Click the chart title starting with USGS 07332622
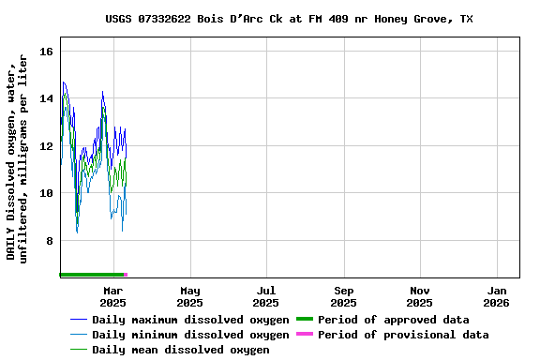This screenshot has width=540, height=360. point(289,19)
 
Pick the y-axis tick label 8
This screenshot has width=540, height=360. point(50,241)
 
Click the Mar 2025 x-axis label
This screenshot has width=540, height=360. point(112,296)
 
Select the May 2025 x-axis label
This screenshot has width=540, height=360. point(189,296)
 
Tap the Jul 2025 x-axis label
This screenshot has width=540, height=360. point(266,296)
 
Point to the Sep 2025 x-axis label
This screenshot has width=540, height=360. point(343,296)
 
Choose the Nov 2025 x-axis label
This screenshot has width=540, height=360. point(420,296)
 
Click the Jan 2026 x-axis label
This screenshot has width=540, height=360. point(497,296)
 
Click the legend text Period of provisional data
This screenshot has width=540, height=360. point(403,335)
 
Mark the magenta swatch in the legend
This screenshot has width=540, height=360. point(304,335)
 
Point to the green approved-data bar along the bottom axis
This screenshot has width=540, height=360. point(90,275)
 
